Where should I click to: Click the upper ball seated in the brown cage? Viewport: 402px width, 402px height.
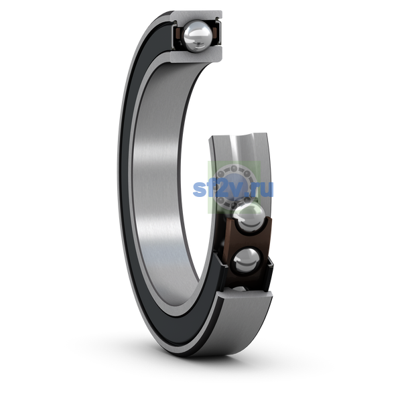click(x=248, y=217)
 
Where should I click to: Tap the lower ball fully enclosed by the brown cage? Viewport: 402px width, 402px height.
click(x=246, y=261)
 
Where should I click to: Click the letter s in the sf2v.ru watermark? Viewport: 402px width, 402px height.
click(x=199, y=189)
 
